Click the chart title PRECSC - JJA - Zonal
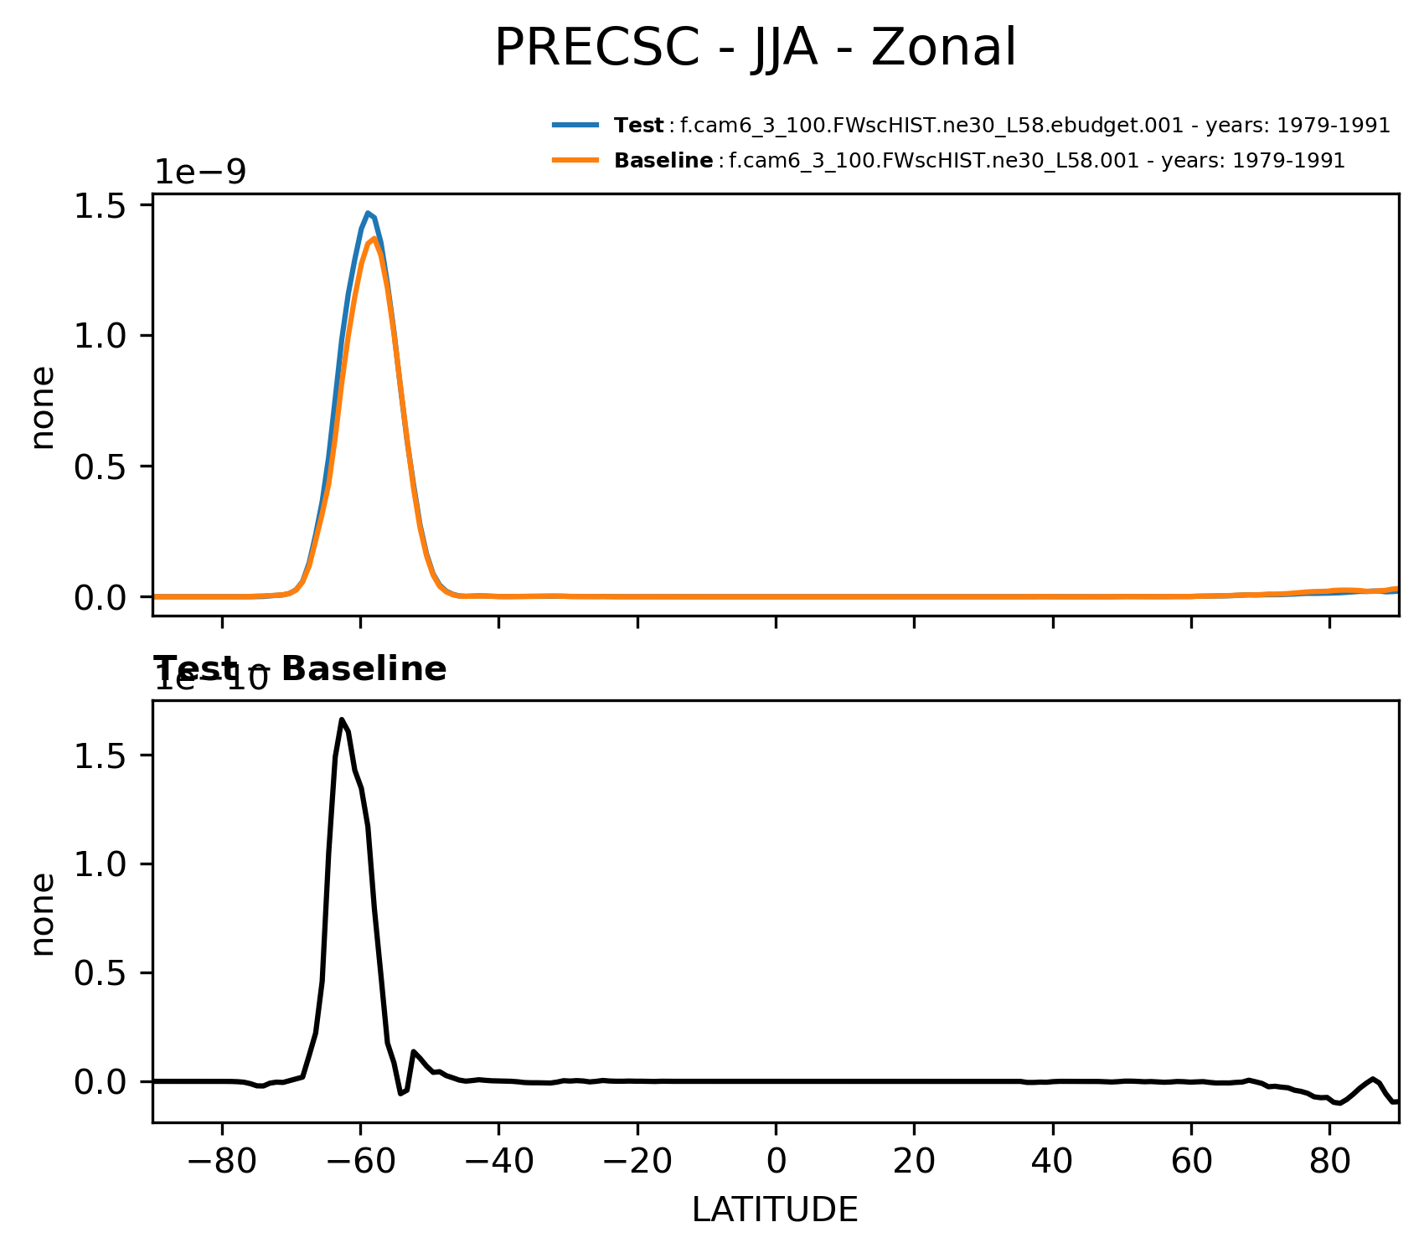click(x=755, y=48)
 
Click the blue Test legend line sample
click(x=575, y=126)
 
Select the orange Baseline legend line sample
click(x=575, y=160)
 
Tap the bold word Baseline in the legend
click(x=663, y=161)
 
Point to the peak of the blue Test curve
click(x=368, y=213)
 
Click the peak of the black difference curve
click(x=342, y=719)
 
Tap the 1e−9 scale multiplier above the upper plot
click(x=200, y=172)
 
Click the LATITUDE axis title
click(x=775, y=1210)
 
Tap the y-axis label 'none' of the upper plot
click(x=43, y=408)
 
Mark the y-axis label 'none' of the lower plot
click(x=43, y=914)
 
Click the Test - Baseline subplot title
click(x=300, y=669)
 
